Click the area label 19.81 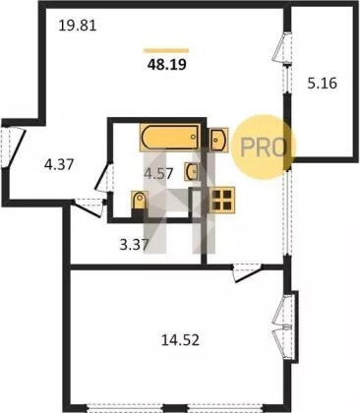click(x=78, y=26)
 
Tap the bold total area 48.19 click(x=167, y=65)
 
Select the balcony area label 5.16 click(x=322, y=84)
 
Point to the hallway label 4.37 click(x=59, y=164)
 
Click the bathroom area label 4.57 click(x=158, y=173)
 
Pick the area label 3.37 click(x=135, y=244)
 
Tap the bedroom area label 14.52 click(x=180, y=340)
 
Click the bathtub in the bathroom click(x=170, y=138)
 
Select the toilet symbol click(x=140, y=201)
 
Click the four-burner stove click(x=222, y=199)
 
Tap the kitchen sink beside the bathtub click(x=219, y=140)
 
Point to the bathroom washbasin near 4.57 click(x=192, y=171)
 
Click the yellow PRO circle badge click(x=264, y=147)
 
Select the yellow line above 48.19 click(x=166, y=50)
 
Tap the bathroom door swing click(x=103, y=179)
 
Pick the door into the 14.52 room click(x=248, y=273)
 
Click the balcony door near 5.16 click(x=282, y=47)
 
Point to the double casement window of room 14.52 click(x=283, y=326)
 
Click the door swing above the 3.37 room click(x=89, y=207)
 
